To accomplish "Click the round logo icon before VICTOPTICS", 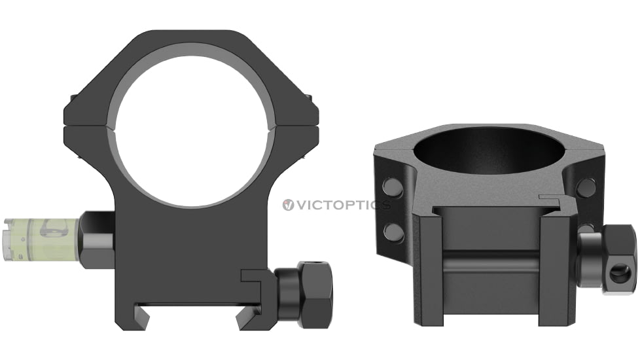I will pos(288,205).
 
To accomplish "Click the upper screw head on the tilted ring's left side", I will pos(393,189).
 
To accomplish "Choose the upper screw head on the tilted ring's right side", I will pos(586,188).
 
